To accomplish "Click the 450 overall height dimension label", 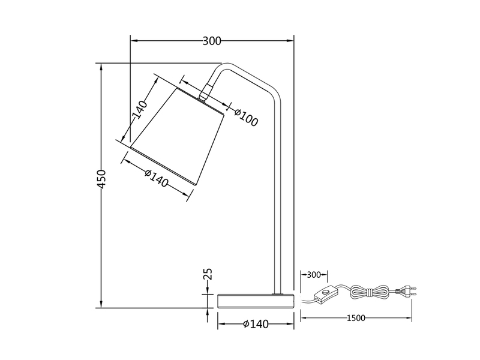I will (102, 179).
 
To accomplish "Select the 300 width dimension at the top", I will (212, 41).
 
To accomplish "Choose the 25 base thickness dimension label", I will (208, 275).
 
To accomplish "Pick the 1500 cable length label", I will (356, 318).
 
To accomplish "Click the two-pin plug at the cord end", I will (407, 292).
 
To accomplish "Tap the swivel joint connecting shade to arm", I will (206, 92).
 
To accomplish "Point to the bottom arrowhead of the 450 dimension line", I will (102, 304).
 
